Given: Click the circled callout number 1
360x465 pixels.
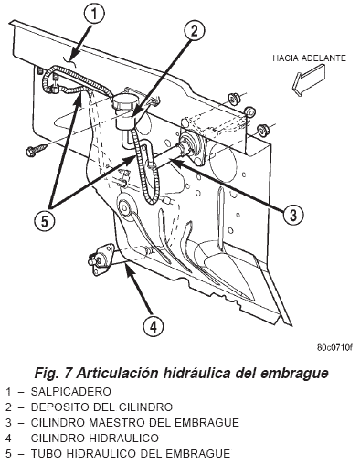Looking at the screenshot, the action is pyautogui.click(x=94, y=14).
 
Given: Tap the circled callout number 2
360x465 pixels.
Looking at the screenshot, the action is pyautogui.click(x=195, y=30).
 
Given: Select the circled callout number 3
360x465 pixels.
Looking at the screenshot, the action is pyautogui.click(x=293, y=215).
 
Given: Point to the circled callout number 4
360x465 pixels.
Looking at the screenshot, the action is pyautogui.click(x=154, y=327).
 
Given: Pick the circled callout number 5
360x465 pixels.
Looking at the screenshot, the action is pyautogui.click(x=45, y=222).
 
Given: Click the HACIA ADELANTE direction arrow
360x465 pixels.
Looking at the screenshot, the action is pyautogui.click(x=308, y=79).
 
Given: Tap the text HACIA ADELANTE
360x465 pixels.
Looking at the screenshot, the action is pyautogui.click(x=309, y=58).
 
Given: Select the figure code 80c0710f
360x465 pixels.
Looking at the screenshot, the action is pyautogui.click(x=334, y=347).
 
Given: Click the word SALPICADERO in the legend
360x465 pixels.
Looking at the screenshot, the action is pyautogui.click(x=71, y=391).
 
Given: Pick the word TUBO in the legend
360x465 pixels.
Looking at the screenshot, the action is pyautogui.click(x=47, y=454).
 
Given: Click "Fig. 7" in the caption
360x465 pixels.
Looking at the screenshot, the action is pyautogui.click(x=53, y=373).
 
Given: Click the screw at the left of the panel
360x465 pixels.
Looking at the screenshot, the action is pyautogui.click(x=37, y=149).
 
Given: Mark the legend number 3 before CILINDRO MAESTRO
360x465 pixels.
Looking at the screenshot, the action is pyautogui.click(x=8, y=423).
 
